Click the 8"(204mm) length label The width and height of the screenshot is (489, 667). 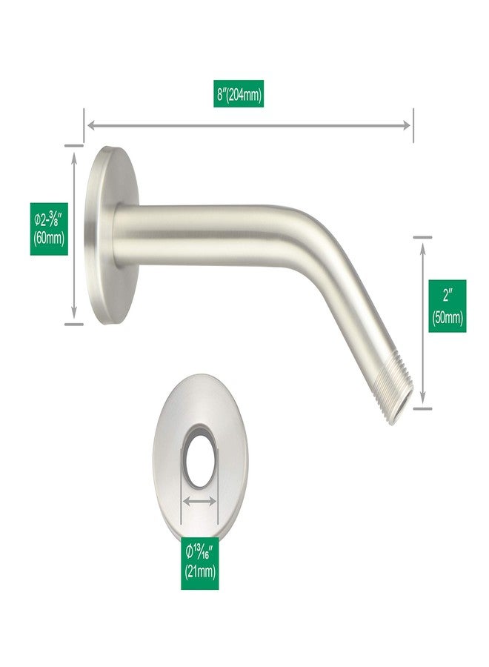[x=238, y=93]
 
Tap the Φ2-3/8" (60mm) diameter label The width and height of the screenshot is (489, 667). [x=49, y=229]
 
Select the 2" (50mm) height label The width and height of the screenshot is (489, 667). [x=447, y=306]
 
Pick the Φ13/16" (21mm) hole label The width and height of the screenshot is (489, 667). [x=200, y=563]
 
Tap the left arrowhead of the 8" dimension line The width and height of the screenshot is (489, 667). [x=91, y=125]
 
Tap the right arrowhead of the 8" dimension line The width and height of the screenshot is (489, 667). [x=407, y=125]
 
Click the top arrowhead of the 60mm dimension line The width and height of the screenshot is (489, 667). [x=74, y=157]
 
